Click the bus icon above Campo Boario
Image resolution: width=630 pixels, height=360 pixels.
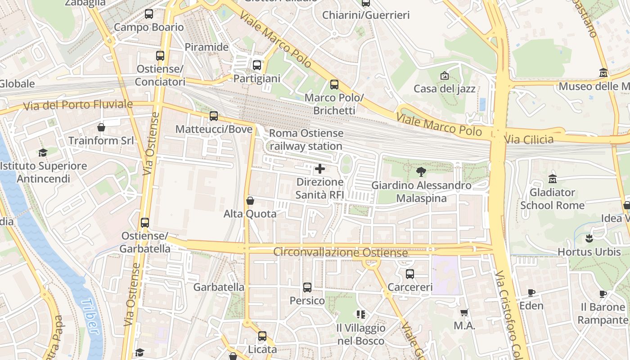(x=149, y=14)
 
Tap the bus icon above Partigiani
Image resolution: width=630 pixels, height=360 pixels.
(x=257, y=65)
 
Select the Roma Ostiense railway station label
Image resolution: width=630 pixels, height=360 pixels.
(x=306, y=139)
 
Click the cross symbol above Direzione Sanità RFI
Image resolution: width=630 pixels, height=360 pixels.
(x=320, y=169)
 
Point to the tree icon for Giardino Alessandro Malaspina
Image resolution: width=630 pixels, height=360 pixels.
(x=421, y=171)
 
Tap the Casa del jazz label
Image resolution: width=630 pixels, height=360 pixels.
(x=445, y=89)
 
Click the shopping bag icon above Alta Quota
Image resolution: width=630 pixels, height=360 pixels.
(x=250, y=201)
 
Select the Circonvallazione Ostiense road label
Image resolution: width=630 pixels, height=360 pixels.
(x=341, y=252)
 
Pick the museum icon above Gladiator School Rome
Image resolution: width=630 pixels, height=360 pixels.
(x=553, y=179)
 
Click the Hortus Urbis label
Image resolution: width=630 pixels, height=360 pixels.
(x=589, y=252)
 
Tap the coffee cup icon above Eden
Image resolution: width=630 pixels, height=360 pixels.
(x=531, y=292)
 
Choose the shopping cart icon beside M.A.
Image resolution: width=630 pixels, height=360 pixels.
(x=464, y=312)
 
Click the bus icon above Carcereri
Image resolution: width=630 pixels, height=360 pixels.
(x=410, y=274)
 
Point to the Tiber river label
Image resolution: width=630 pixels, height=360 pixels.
(x=92, y=317)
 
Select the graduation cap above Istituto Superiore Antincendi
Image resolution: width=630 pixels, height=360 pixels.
(x=43, y=153)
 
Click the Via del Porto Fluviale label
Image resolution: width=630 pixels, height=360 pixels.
(x=78, y=105)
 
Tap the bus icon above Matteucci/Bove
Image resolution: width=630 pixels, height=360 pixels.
(x=214, y=116)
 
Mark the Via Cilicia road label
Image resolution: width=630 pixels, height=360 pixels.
(x=529, y=139)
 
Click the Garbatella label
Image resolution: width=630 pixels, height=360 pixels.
(x=219, y=287)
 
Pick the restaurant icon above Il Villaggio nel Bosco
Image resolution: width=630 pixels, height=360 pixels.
(x=360, y=314)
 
